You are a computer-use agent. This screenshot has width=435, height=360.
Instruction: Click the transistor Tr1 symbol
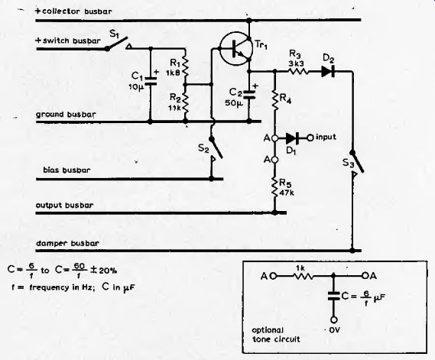coord(235,49)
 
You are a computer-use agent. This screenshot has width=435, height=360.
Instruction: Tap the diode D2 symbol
coord(328,72)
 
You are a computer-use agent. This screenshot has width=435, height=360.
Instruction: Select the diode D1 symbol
coord(292,138)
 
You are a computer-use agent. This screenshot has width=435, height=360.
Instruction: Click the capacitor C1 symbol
coord(150,81)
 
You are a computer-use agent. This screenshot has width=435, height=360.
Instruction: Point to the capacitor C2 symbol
coord(249,94)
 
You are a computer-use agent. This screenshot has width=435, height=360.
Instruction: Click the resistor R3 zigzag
coord(298,72)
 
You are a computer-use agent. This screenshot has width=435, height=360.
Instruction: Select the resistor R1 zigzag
coord(185,67)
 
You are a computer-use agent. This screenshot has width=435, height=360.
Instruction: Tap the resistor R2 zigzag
coord(185,103)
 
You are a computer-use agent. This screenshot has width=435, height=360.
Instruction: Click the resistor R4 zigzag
coord(274,99)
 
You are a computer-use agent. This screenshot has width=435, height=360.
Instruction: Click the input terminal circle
coord(310,138)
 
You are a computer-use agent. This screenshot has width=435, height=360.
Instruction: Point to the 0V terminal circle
coord(334,319)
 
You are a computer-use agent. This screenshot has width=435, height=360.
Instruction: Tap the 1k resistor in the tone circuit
coord(303,276)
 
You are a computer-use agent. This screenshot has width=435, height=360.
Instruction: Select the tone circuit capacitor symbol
coord(334,296)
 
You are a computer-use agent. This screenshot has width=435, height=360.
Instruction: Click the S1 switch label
coord(114,34)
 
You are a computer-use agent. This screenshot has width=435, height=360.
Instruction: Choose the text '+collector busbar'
coord(73,11)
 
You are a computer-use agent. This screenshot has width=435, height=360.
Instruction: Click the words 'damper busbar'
coord(67,243)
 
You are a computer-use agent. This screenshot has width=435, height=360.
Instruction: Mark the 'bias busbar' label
coord(67,170)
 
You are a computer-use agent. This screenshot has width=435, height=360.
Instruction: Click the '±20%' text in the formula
coord(103,271)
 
